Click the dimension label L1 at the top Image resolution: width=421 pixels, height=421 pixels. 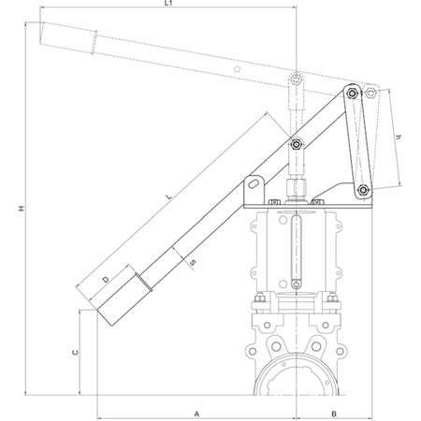(x=168, y=3)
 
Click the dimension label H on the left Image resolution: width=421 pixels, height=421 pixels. (x=22, y=209)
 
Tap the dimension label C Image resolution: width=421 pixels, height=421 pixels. (x=75, y=353)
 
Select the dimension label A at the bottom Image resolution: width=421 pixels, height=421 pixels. (x=196, y=414)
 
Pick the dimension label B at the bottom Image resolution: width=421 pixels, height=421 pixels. (x=334, y=414)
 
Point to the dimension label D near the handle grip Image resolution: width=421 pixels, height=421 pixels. (x=106, y=280)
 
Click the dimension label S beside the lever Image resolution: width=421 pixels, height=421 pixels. (x=193, y=262)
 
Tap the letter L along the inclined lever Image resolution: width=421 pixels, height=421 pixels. (x=168, y=196)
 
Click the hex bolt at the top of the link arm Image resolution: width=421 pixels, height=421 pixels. (x=353, y=94)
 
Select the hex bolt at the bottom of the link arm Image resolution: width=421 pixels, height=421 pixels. (x=363, y=190)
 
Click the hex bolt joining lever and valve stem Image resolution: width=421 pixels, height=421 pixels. (x=297, y=144)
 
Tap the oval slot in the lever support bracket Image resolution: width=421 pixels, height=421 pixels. (x=254, y=182)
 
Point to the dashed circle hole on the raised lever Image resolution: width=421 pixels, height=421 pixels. (x=238, y=69)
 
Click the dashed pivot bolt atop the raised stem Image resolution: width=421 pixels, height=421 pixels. (x=296, y=80)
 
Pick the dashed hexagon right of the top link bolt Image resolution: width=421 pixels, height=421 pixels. (x=370, y=92)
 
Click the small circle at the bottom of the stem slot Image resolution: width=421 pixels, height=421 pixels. (x=296, y=284)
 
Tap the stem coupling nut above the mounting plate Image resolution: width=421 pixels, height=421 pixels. (x=297, y=186)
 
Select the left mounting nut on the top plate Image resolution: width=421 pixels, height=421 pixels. (x=274, y=202)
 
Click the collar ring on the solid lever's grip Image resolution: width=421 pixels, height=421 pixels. (x=144, y=282)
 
